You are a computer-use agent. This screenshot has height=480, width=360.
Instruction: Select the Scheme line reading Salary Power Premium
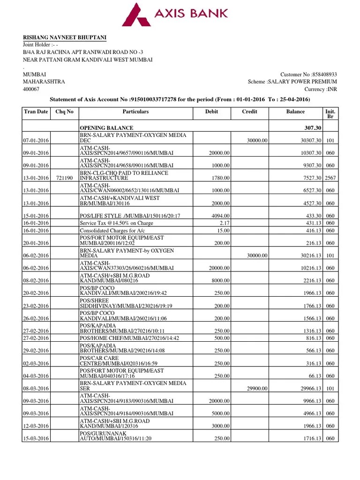292,82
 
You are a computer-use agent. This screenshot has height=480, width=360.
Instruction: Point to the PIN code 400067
31,89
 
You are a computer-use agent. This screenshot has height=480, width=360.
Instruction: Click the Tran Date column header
36,112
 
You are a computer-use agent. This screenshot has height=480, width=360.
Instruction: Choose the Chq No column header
64,112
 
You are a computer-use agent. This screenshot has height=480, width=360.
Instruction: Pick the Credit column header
249,112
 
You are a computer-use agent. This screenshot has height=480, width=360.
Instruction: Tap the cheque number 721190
64,178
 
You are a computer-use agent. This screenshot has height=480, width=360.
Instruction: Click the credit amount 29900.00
258,389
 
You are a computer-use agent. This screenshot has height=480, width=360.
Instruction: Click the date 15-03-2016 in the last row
36,439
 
